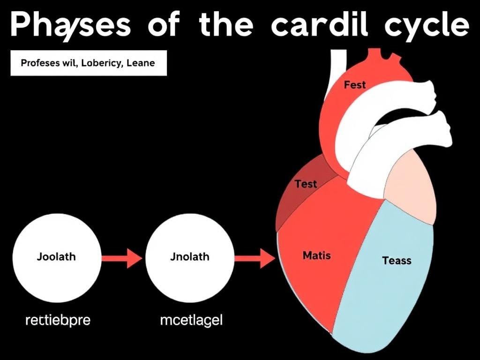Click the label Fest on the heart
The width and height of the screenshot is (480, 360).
point(355,85)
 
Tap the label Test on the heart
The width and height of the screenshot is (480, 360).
point(306,184)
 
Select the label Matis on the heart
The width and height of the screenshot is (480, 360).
point(316,256)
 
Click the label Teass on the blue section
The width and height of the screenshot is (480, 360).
point(397,261)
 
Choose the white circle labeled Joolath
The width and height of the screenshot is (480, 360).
point(56,257)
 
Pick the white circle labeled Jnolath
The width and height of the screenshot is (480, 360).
point(190,257)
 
